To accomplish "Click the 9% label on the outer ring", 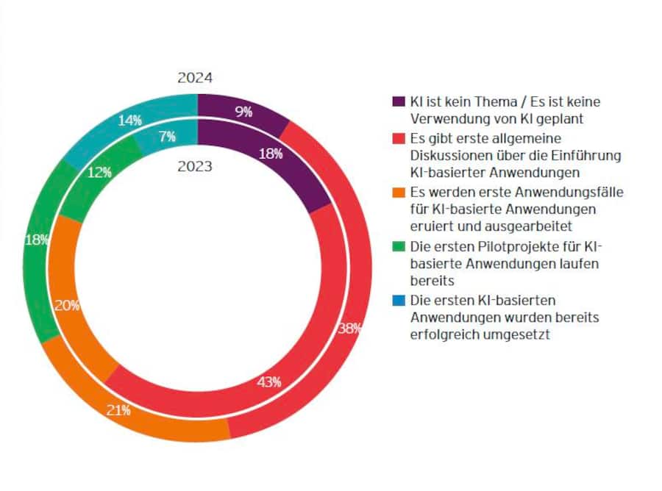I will [243, 112].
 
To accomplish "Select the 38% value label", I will [349, 328].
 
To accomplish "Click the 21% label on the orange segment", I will [118, 410].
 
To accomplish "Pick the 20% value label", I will [67, 307].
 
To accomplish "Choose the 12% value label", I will [99, 172].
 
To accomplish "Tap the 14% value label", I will [130, 121].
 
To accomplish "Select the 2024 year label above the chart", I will [195, 78].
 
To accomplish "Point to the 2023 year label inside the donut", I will [195, 166].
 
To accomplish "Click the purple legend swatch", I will [399, 101].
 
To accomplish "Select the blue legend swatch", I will [399, 301].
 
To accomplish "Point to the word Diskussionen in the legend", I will [450, 155].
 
